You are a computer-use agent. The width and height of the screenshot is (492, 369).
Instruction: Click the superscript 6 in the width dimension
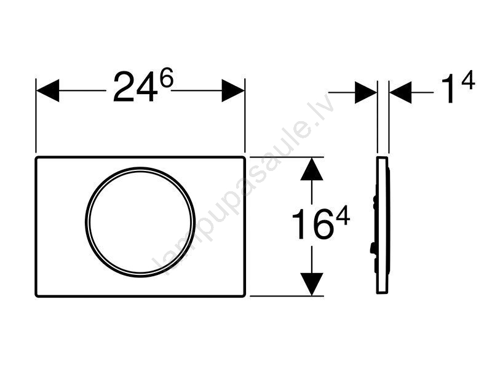coord(166,79)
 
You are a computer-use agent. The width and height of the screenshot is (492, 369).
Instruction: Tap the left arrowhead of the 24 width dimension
coord(48,90)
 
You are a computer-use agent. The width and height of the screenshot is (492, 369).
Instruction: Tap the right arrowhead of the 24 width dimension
coord(233,90)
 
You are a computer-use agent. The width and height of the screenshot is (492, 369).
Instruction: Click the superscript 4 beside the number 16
coord(343,217)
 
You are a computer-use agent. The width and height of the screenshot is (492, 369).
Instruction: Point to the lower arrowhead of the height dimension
coord(312,284)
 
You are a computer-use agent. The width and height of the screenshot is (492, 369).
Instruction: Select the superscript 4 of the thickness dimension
coord(468,81)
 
